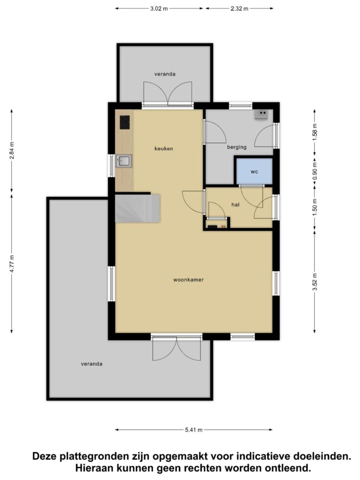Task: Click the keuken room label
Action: [164, 149]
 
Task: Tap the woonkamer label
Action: [188, 279]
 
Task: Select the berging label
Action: [237, 147]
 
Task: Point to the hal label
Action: [235, 204]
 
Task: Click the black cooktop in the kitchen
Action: [125, 122]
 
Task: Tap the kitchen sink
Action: [124, 161]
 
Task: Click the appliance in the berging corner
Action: [262, 114]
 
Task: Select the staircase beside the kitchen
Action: [137, 208]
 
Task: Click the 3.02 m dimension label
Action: [159, 8]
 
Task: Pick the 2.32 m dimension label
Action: [240, 8]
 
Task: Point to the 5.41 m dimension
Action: [194, 430]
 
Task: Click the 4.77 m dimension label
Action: [12, 264]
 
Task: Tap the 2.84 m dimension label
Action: [12, 151]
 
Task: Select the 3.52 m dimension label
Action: [315, 282]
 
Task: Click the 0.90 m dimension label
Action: [315, 172]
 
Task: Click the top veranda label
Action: [165, 74]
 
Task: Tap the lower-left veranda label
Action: [91, 364]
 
